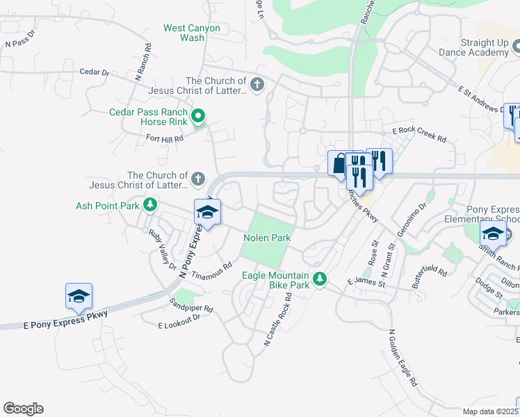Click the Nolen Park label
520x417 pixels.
tap(267, 238)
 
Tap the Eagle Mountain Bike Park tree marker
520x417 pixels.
tap(320, 279)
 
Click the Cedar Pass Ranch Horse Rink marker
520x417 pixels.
tap(198, 115)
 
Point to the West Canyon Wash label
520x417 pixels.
tap(192, 33)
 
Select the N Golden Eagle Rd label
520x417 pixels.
tap(403, 357)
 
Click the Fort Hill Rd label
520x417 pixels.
tap(164, 138)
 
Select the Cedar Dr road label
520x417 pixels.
tap(95, 72)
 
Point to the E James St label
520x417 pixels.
tap(366, 282)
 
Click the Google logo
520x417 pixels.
tap(23, 409)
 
